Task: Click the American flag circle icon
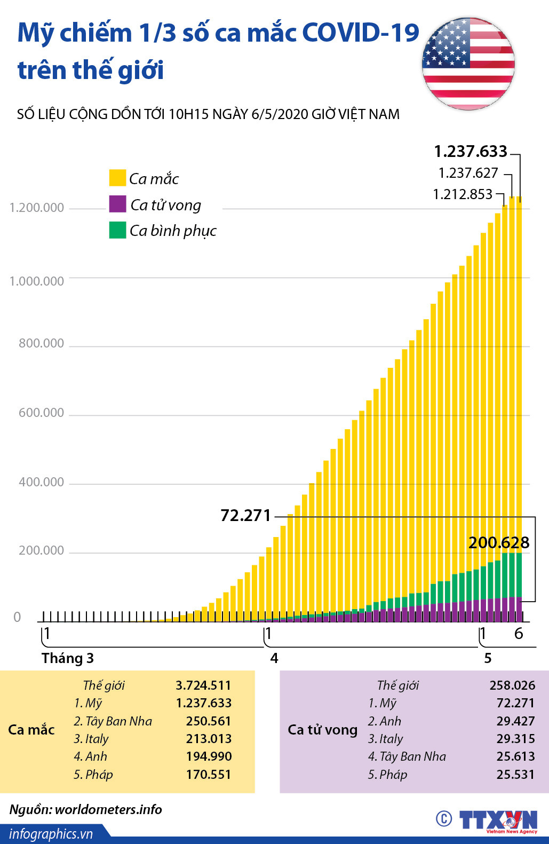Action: tap(468, 64)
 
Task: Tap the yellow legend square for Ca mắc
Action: tap(117, 178)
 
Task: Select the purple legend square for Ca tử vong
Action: tap(117, 204)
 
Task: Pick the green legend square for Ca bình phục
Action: tap(117, 230)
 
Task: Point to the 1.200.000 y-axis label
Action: tap(37, 208)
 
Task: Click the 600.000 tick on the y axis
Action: tap(41, 413)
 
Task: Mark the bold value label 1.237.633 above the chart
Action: tap(471, 152)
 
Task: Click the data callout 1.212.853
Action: tap(463, 194)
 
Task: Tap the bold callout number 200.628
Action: tap(499, 543)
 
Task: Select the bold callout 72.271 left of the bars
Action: tap(246, 516)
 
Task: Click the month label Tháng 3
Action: tap(68, 658)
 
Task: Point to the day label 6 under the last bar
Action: tap(519, 634)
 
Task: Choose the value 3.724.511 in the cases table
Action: tap(203, 685)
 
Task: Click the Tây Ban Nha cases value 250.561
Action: tap(209, 721)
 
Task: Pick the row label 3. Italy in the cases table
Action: tap(91, 739)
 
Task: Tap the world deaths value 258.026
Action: tap(512, 685)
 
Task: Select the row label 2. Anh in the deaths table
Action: tap(384, 721)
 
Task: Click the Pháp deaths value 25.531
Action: tap(515, 775)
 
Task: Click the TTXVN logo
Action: tap(498, 820)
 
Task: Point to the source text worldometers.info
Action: tap(108, 809)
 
